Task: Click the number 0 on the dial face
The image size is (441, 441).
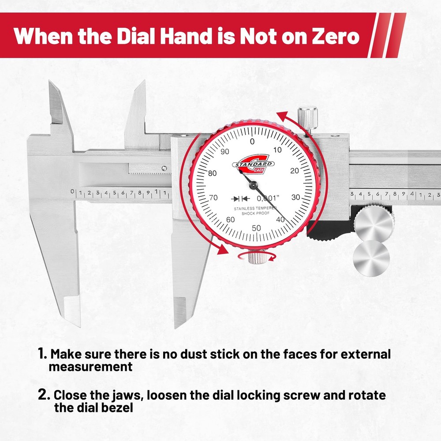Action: click(252, 142)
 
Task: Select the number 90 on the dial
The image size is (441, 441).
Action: click(226, 152)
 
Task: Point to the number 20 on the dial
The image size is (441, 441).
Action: click(295, 171)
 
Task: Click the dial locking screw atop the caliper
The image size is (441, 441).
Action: click(307, 116)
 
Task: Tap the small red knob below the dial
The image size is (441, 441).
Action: click(255, 257)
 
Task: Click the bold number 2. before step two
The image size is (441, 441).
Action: click(44, 394)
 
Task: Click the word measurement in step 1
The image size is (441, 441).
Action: click(90, 366)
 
